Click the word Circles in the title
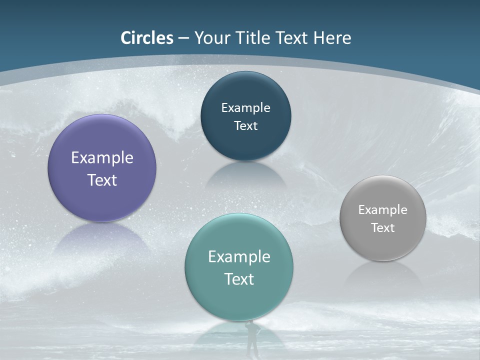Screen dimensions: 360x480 click(147, 38)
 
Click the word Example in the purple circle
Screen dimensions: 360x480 click(102, 158)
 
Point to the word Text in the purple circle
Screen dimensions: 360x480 click(102, 180)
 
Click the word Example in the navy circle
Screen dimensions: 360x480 click(245, 107)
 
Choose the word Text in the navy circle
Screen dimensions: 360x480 click(245, 125)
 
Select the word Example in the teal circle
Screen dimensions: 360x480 click(239, 257)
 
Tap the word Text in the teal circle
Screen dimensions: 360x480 click(239, 279)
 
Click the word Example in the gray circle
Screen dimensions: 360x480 click(383, 209)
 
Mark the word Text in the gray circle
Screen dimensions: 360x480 click(383, 227)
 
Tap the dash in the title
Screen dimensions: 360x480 click(183, 38)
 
